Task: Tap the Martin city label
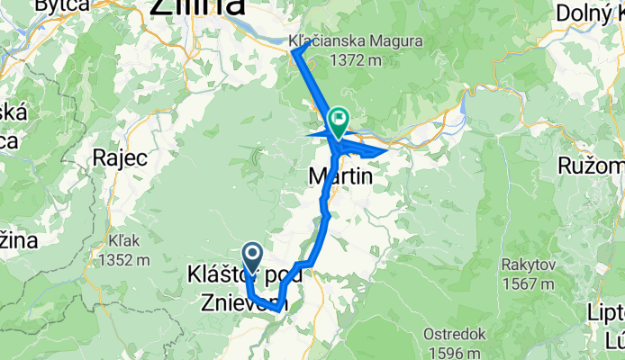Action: click(x=340, y=177)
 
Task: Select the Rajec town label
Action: click(x=120, y=157)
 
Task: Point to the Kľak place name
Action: click(x=120, y=242)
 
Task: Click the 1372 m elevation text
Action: click(x=358, y=59)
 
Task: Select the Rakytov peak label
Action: click(x=529, y=265)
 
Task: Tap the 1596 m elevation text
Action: click(x=455, y=352)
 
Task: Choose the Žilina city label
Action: click(x=197, y=7)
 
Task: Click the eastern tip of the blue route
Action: click(x=388, y=150)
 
